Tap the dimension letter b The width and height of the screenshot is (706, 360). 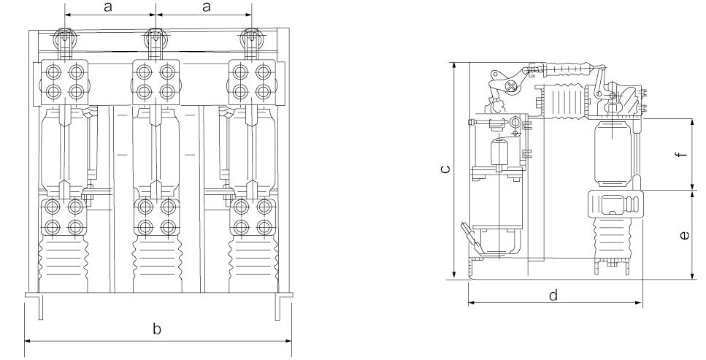[x=157, y=329]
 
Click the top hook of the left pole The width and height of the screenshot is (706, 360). [x=65, y=38]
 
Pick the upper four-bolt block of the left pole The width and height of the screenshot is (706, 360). [x=64, y=82]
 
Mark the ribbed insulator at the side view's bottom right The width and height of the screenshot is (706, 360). [x=615, y=240]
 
